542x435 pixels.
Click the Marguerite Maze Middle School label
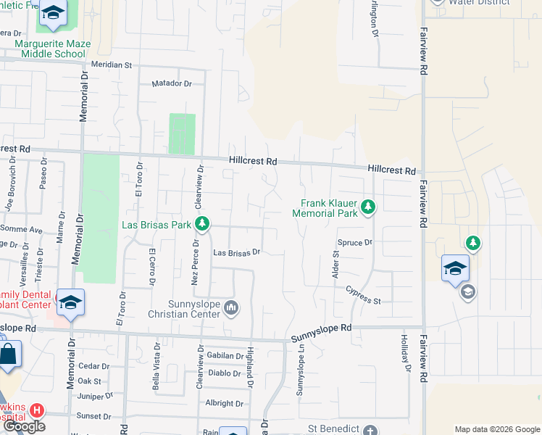point(53,49)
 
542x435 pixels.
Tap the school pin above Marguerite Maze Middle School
point(53,13)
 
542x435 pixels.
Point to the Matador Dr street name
point(172,83)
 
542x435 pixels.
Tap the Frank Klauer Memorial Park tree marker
point(368,208)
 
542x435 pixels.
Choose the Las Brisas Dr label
point(236,253)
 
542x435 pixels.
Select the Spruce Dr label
point(354,242)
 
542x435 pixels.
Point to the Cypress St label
point(363,296)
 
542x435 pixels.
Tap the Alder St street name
point(335,265)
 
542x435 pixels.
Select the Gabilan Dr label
point(225,356)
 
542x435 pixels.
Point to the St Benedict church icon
point(370,430)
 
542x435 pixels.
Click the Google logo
point(24,426)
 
